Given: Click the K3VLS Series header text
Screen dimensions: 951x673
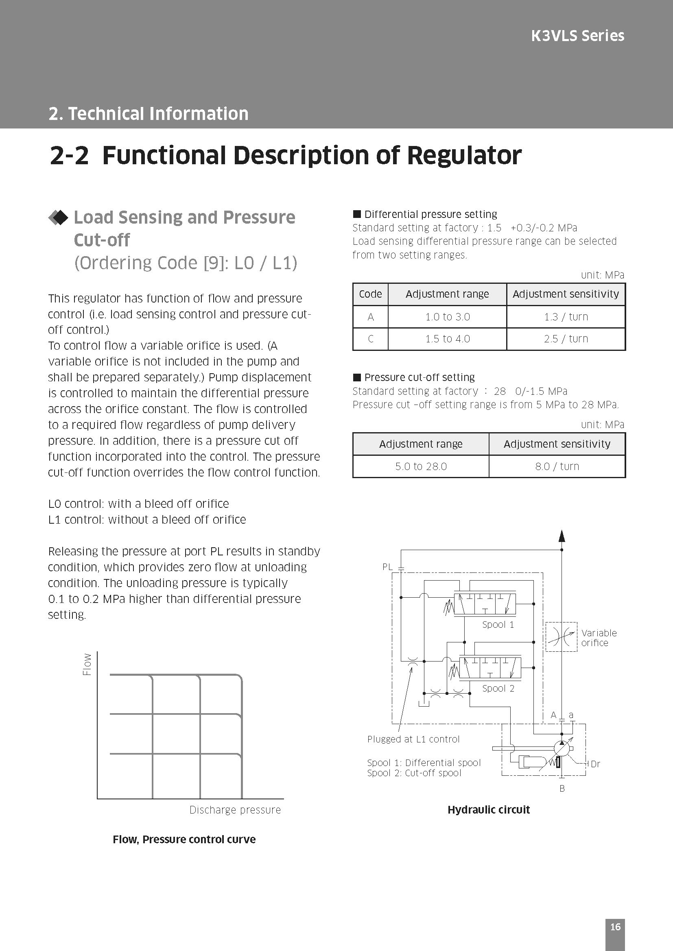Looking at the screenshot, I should coord(577,36).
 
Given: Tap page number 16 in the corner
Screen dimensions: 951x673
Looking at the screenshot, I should coord(615,927).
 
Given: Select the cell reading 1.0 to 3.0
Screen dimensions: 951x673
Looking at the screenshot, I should coord(447,317).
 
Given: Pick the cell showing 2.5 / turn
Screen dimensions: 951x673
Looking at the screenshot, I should coord(566,339).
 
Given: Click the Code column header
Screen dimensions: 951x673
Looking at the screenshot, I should coord(370,294).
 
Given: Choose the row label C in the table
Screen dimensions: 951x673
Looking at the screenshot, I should coord(371,339).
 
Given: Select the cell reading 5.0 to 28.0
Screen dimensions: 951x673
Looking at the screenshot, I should coord(421,466).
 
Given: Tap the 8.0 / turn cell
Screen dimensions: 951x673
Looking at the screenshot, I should coord(557,466).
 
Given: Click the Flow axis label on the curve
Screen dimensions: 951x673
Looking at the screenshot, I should coord(87,664).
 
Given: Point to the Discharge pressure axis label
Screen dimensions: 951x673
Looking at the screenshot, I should coord(235,810).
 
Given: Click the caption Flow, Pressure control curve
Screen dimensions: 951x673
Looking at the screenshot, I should coord(184,839).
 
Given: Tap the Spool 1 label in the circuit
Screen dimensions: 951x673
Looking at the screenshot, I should coord(498,625).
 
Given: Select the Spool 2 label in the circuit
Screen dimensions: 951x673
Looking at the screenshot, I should coord(498,688).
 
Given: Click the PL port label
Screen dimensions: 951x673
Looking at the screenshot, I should coord(387,567).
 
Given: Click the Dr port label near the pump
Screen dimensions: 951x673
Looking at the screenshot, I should coord(595,764).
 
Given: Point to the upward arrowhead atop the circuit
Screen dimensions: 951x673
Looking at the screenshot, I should coord(562,536).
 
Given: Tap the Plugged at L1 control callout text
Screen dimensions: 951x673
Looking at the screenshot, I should coord(413,739).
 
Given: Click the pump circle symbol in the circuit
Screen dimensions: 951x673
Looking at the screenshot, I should coord(562,748).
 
